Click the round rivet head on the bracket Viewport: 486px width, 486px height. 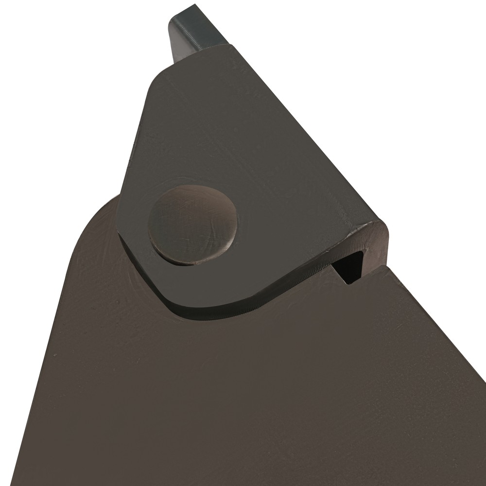click(x=193, y=225)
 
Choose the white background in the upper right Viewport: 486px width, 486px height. click(x=389, y=73)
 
